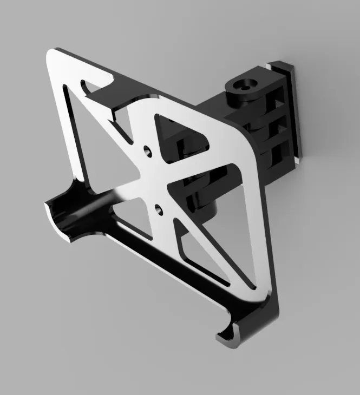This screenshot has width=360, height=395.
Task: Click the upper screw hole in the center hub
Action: click(x=147, y=148)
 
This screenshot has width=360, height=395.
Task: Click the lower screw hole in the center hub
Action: click(x=158, y=207)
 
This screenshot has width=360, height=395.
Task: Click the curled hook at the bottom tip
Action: click(x=230, y=335)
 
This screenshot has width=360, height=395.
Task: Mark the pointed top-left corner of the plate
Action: click(x=51, y=54)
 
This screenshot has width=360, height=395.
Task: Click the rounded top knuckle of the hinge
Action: click(x=241, y=95)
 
